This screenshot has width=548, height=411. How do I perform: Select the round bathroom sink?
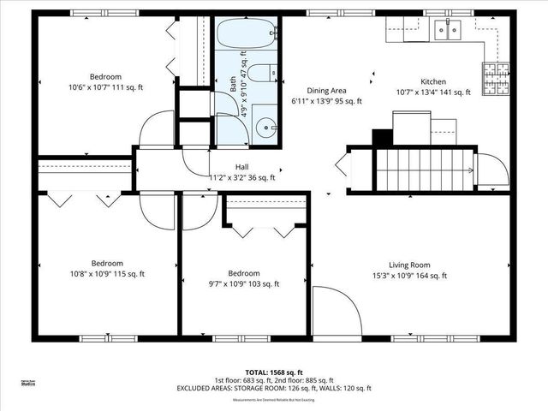coord(265,129)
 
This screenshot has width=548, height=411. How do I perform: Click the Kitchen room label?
coord(433,82)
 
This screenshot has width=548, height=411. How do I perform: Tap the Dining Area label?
coord(327,90)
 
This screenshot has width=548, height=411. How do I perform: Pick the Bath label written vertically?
coord(232,86)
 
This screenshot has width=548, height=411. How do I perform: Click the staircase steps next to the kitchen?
coord(426,168)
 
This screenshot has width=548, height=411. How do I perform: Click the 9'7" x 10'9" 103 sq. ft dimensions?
coord(243,283)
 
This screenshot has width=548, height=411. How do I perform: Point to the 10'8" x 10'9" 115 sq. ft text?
coord(107,274)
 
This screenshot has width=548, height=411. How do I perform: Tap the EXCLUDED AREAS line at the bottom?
coord(273,389)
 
